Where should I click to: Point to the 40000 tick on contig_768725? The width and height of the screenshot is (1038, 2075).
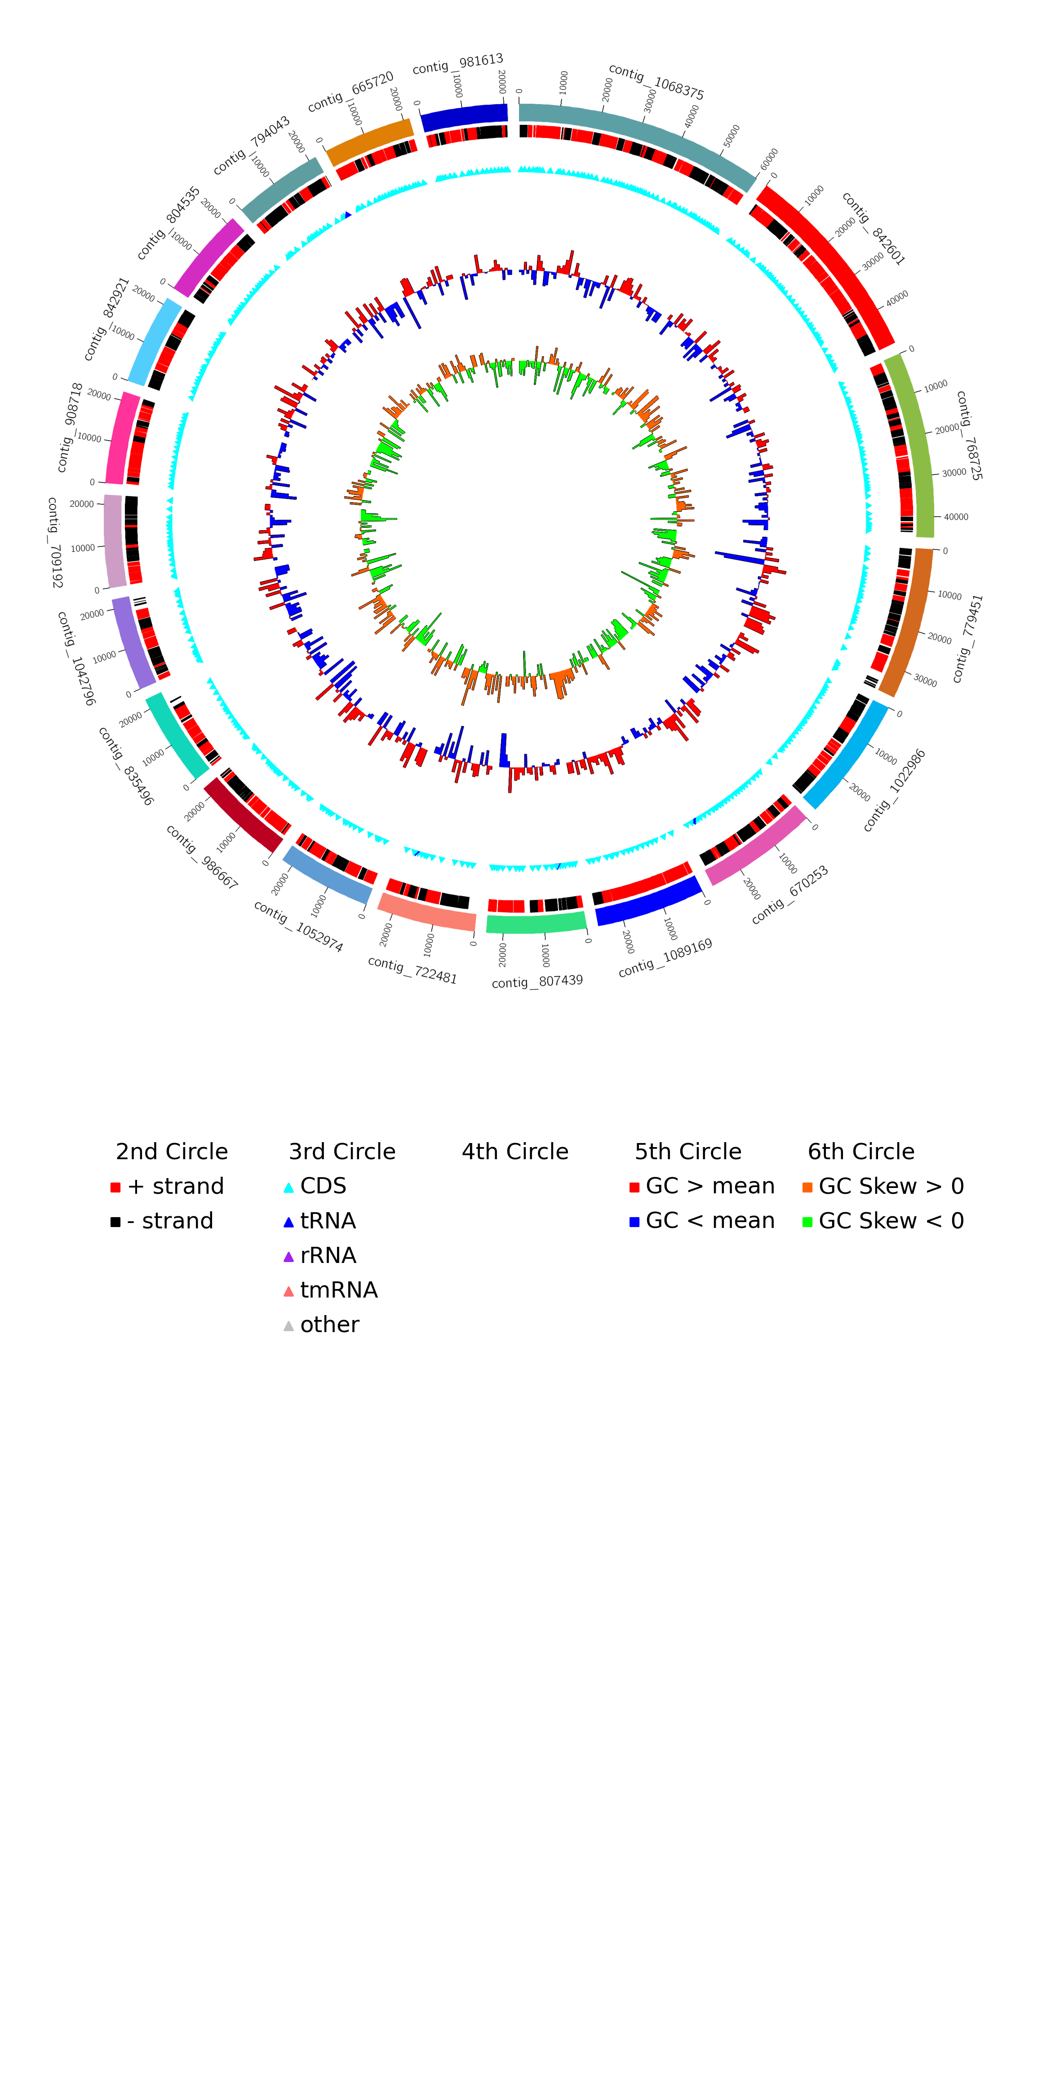[x=955, y=517]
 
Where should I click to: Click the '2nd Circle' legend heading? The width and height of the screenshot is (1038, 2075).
[x=172, y=1152]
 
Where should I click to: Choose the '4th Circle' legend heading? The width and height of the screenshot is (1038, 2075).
[x=515, y=1152]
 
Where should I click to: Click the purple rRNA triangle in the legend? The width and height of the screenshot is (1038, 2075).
[x=288, y=1257]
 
